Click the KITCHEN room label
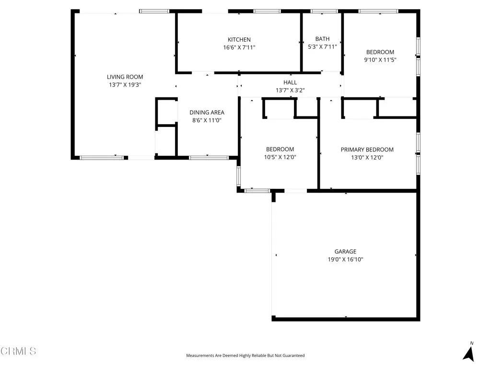point(239,40)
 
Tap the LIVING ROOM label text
point(125,77)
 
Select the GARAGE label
point(345,252)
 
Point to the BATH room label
point(322,39)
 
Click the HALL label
point(290,82)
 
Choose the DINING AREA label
point(207,113)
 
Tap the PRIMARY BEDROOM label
point(367,149)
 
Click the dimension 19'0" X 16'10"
point(345,260)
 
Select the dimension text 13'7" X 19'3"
point(125,85)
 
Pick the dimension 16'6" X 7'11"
point(239,47)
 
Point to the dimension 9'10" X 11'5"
point(380,60)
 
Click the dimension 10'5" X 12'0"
point(280,157)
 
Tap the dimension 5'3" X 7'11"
point(322,47)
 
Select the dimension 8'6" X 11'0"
point(207,121)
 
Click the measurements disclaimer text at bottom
point(245,356)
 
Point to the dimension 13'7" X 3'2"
point(290,90)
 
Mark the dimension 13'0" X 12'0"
point(367,157)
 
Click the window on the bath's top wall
point(324,11)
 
